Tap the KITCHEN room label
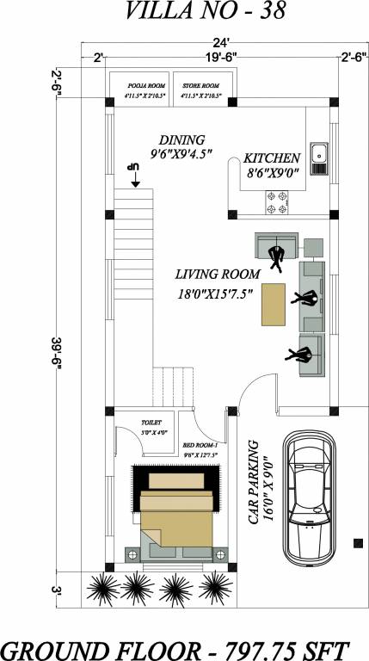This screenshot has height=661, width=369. [x=271, y=158]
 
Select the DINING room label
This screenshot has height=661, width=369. [x=181, y=139]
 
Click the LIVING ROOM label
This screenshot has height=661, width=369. [x=217, y=275]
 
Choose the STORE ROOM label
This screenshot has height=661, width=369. [x=201, y=86]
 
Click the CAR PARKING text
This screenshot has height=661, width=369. [x=255, y=482]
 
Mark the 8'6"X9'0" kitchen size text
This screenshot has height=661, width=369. [x=271, y=173]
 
